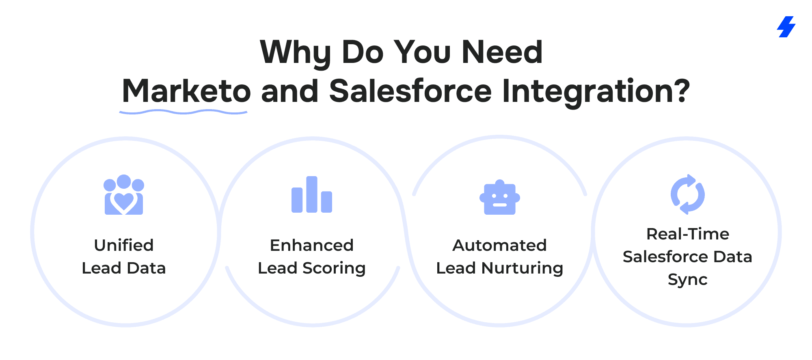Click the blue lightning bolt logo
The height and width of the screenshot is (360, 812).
tap(786, 27)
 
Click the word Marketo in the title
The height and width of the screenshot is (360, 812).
tap(186, 91)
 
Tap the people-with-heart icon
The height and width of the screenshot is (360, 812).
tap(124, 195)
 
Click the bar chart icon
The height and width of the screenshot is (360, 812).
tap(312, 194)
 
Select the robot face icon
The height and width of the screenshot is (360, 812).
tap(500, 197)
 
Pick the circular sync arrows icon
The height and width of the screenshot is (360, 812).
tap(688, 194)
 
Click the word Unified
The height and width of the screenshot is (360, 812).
tap(124, 245)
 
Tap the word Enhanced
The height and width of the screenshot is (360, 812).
tap(312, 245)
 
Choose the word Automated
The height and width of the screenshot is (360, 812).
tap(500, 245)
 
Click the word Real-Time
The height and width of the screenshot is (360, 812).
tap(688, 234)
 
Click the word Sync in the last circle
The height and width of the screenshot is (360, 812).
tap(688, 280)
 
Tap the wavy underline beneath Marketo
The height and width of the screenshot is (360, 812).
tap(183, 112)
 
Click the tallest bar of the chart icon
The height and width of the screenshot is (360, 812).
tap(312, 194)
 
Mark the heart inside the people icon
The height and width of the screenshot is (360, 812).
tap(124, 202)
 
